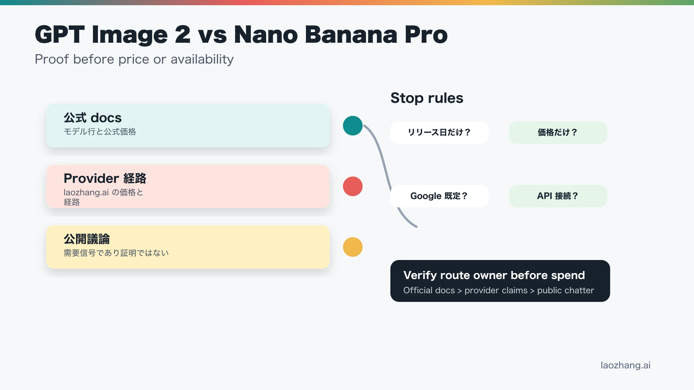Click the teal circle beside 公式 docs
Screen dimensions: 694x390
[x=353, y=126]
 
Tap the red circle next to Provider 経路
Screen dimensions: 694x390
[x=353, y=186]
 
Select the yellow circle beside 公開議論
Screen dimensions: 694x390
[x=353, y=247]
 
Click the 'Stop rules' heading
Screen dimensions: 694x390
[x=427, y=98]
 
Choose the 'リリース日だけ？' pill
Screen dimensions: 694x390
[x=440, y=132]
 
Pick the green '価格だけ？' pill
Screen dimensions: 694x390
[x=558, y=132]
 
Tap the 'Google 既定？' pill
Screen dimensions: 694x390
[x=440, y=196]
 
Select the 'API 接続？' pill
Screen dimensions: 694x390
[x=558, y=196]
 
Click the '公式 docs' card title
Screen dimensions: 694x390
[x=93, y=118]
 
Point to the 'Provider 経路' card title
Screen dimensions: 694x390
[x=105, y=178]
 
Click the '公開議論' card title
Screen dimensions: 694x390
[x=87, y=239]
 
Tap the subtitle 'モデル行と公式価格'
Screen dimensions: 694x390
[x=100, y=132]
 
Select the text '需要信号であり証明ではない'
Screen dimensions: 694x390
[x=116, y=253]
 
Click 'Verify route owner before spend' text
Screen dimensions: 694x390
[x=494, y=275]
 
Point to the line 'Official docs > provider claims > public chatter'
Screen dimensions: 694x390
[x=499, y=290]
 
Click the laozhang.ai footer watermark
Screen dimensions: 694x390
[x=626, y=365]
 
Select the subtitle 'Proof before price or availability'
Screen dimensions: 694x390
[x=134, y=60]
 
